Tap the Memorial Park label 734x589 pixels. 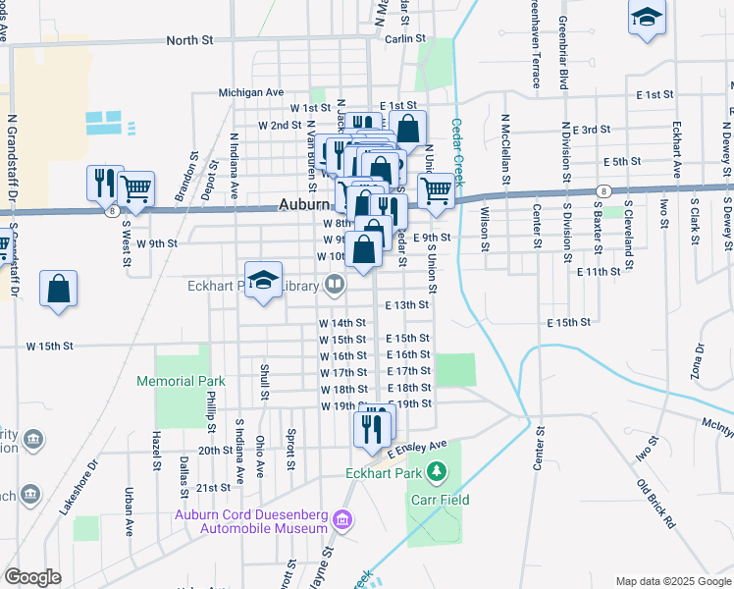click(181, 381)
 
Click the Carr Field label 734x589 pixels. click(439, 500)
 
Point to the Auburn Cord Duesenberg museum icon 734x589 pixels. click(341, 518)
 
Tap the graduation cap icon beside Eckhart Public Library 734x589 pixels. click(263, 280)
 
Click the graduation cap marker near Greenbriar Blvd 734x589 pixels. click(647, 18)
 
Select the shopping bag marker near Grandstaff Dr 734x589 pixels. click(59, 289)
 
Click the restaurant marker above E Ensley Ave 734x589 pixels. click(372, 427)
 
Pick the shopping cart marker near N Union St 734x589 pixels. click(436, 188)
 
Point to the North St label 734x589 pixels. click(189, 40)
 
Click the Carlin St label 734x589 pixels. click(402, 39)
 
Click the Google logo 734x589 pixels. click(32, 577)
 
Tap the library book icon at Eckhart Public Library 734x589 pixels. click(336, 286)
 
